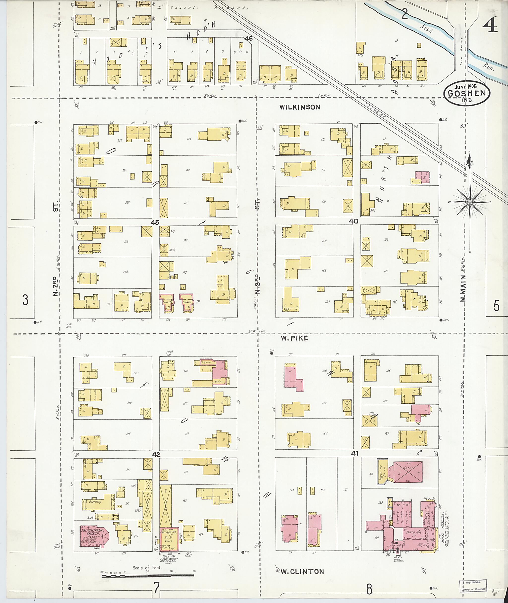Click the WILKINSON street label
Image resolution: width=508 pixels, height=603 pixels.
click(299, 107)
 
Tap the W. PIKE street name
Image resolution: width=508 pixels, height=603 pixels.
click(294, 338)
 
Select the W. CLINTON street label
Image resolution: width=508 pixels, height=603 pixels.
click(302, 571)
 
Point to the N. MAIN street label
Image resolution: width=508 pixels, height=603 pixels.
click(463, 288)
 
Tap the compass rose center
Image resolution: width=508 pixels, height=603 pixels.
click(470, 202)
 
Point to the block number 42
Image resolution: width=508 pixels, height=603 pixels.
click(156, 455)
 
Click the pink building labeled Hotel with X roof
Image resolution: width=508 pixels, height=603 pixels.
click(408, 472)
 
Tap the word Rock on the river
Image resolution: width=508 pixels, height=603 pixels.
click(426, 28)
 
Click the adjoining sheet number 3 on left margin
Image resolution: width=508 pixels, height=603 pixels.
click(25, 300)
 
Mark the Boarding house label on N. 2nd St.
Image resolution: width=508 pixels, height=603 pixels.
click(95, 501)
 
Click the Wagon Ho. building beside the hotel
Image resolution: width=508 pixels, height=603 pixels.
click(381, 472)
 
